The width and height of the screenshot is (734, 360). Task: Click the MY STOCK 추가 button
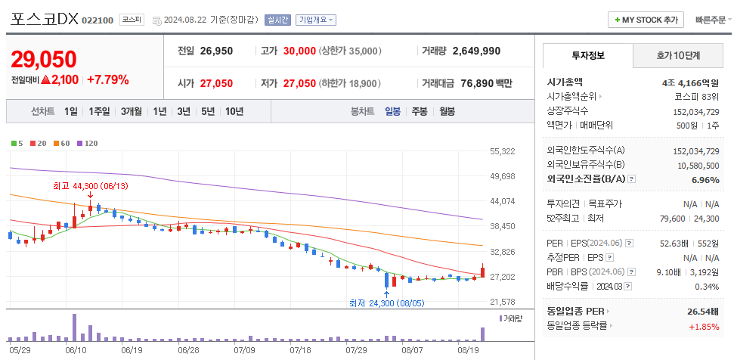[x=647, y=20]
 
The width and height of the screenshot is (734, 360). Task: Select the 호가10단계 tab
[x=677, y=56]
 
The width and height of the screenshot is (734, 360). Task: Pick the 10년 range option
[x=234, y=111]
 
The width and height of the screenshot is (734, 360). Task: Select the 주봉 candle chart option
[x=419, y=111]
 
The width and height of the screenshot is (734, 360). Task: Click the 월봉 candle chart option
[x=447, y=111]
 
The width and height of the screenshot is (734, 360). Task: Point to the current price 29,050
[x=44, y=60]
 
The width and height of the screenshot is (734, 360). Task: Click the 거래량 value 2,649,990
[x=476, y=51]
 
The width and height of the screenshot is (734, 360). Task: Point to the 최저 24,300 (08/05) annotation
[x=386, y=303]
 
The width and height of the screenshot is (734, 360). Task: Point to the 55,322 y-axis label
[x=502, y=151]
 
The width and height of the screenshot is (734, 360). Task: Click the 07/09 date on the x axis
[x=244, y=350]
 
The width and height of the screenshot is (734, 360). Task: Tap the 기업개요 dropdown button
[x=316, y=20]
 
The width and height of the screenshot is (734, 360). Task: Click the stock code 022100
[x=97, y=20]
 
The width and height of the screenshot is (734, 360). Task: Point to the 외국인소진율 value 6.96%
[x=705, y=180]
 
